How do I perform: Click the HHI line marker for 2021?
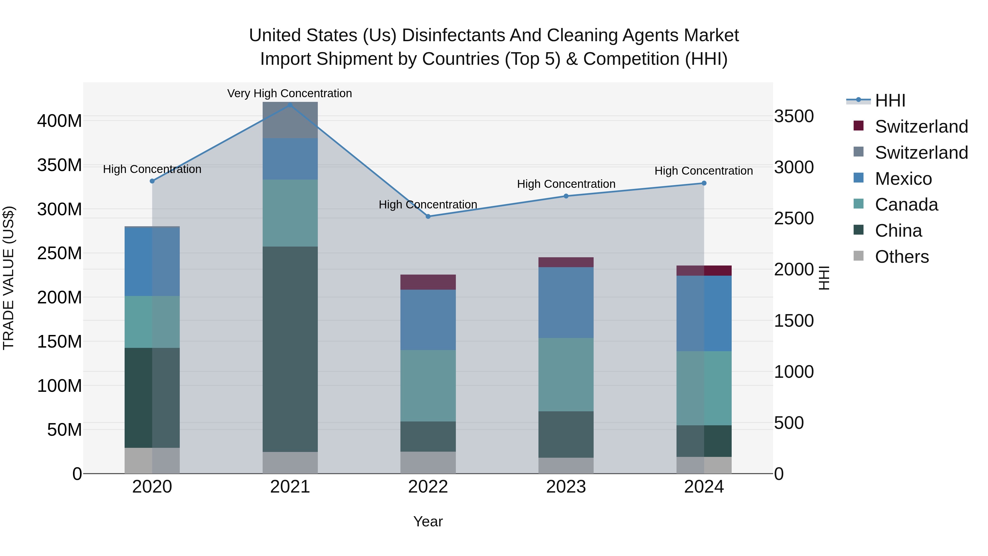click(x=290, y=105)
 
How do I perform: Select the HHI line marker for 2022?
click(x=428, y=216)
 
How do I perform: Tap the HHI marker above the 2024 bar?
click(x=704, y=183)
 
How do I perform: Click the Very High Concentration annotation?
click(x=290, y=93)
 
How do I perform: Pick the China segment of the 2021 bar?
click(x=290, y=349)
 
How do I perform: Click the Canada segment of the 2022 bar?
click(x=428, y=386)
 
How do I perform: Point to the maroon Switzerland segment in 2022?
click(x=428, y=282)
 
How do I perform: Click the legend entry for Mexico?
click(x=903, y=179)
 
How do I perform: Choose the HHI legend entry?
click(x=890, y=100)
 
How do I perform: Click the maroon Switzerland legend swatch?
click(x=858, y=126)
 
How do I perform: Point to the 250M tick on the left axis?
click(x=60, y=253)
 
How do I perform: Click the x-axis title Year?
click(x=428, y=521)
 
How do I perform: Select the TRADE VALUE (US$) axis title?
click(x=9, y=278)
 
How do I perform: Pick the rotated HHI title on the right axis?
click(x=824, y=278)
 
